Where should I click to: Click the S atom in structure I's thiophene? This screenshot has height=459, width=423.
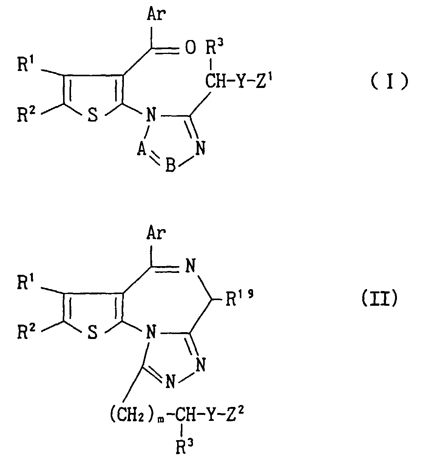[x=93, y=116]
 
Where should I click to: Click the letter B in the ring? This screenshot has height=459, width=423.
[x=170, y=166]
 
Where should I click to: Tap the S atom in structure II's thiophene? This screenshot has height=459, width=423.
[x=93, y=333]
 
